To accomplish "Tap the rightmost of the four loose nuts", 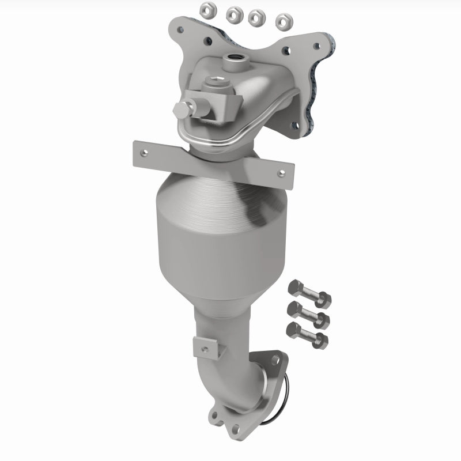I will (282, 21).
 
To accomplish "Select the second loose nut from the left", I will (233, 13).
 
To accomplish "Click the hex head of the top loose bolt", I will (293, 286).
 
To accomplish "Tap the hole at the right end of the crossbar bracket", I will (281, 172).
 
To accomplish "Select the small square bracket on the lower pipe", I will (206, 346).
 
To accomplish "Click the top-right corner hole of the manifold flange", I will (315, 43).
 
